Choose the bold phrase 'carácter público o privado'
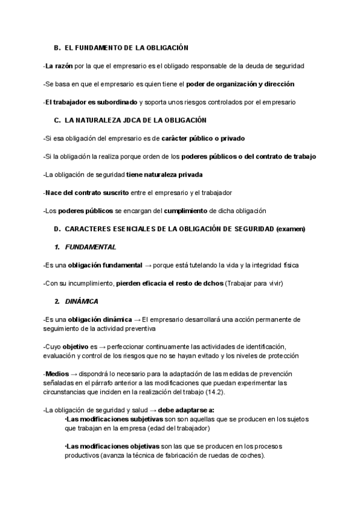coord(203,138)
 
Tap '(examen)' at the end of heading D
coord(290,229)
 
